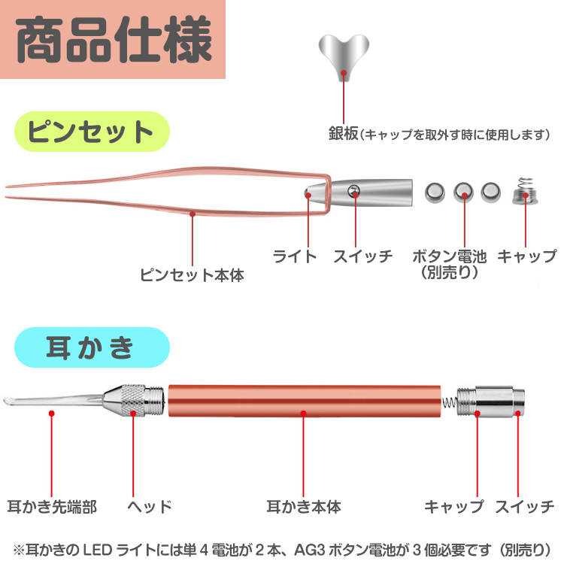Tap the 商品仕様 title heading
click(114, 40)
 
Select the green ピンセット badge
click(92, 132)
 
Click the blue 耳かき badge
click(92, 347)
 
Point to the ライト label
click(295, 257)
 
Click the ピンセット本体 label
click(192, 275)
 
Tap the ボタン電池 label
click(449, 257)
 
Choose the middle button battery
click(464, 193)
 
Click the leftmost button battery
click(435, 193)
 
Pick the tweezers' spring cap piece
click(525, 192)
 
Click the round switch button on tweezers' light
click(354, 191)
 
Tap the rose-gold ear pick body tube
click(305, 401)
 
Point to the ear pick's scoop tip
click(9, 401)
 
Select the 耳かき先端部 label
click(52, 507)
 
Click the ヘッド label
click(150, 507)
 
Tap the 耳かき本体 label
click(304, 507)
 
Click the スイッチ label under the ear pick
click(525, 507)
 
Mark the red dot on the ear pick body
click(303, 414)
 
